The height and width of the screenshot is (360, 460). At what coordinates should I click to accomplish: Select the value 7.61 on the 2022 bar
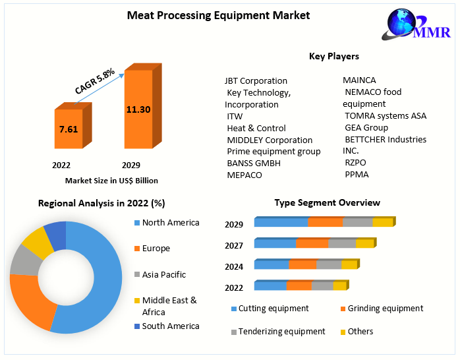pos(69,129)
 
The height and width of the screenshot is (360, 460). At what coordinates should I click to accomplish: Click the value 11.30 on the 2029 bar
pos(138,109)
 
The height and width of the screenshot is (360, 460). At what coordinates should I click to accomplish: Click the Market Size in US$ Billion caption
pos(111,180)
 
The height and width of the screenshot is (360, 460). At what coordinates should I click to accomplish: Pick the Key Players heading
pos(334,56)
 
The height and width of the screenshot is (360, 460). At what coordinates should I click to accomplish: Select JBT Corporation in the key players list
pos(256,81)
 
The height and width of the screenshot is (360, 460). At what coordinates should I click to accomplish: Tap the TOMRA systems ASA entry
pos(386,115)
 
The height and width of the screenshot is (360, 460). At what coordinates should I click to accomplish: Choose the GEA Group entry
pos(366,127)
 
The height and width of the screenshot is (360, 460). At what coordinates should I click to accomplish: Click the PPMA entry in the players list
pos(357,175)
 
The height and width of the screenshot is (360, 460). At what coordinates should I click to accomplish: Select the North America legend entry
pos(170,223)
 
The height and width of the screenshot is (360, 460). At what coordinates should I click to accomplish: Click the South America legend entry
pos(170,326)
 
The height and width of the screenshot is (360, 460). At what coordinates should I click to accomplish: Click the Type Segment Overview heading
pos(327,202)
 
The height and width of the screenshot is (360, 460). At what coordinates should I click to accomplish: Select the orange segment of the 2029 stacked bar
pos(325,222)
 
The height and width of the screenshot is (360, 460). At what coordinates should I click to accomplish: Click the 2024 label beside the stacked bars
pos(234,266)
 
